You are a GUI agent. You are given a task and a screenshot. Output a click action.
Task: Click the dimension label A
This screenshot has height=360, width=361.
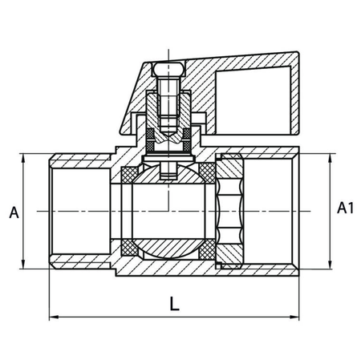click(13, 212)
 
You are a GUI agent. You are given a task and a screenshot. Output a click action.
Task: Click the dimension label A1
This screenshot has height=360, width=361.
click(345, 209)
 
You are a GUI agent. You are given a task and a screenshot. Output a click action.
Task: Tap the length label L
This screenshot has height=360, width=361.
click(174, 304)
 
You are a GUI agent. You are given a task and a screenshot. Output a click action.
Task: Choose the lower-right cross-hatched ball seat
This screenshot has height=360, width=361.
click(207, 249)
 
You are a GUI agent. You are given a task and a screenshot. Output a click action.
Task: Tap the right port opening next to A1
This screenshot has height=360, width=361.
click(269, 210)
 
